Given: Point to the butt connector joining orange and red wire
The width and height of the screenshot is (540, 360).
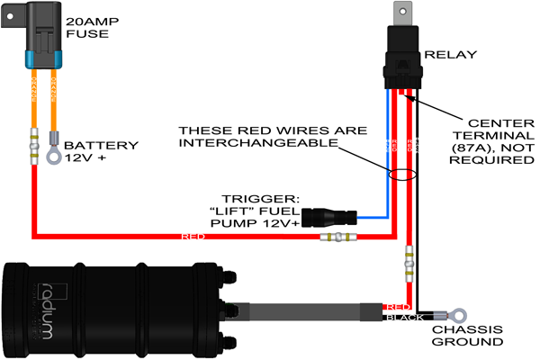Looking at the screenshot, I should pos(34,143).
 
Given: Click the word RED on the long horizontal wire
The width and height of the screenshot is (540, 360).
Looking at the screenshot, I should pos(193,238).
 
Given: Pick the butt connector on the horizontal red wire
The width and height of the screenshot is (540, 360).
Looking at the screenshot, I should pos(342,238).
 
